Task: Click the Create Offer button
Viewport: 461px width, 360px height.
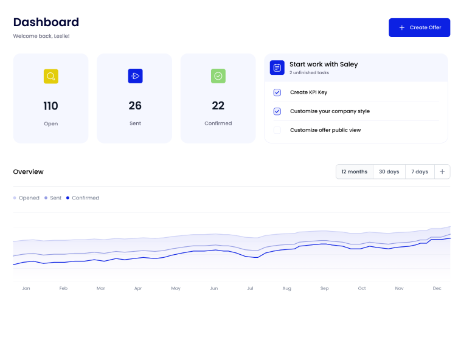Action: [419, 27]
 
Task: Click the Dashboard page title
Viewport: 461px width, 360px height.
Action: [46, 22]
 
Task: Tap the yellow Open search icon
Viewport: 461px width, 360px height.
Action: [51, 76]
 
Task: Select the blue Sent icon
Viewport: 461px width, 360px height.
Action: [135, 76]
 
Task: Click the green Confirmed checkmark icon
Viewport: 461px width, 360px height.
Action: [218, 76]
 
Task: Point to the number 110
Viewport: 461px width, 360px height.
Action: [51, 106]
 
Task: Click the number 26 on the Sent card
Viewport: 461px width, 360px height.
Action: [135, 106]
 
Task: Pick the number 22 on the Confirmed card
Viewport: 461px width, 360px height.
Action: [218, 106]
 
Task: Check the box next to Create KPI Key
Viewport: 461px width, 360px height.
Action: [277, 92]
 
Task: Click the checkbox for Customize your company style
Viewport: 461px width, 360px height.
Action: [277, 111]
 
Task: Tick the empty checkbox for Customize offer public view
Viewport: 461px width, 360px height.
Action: [277, 130]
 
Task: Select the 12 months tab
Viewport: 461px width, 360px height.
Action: [355, 171]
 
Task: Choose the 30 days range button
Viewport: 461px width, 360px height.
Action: [389, 171]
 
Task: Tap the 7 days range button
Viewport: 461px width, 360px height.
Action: [420, 171]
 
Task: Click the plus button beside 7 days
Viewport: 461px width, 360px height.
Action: [442, 171]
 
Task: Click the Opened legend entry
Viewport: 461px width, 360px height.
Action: [27, 198]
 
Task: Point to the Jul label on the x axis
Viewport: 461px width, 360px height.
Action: [250, 288]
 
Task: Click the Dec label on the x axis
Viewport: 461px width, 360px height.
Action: [437, 288]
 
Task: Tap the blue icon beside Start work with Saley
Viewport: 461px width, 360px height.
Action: [277, 67]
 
